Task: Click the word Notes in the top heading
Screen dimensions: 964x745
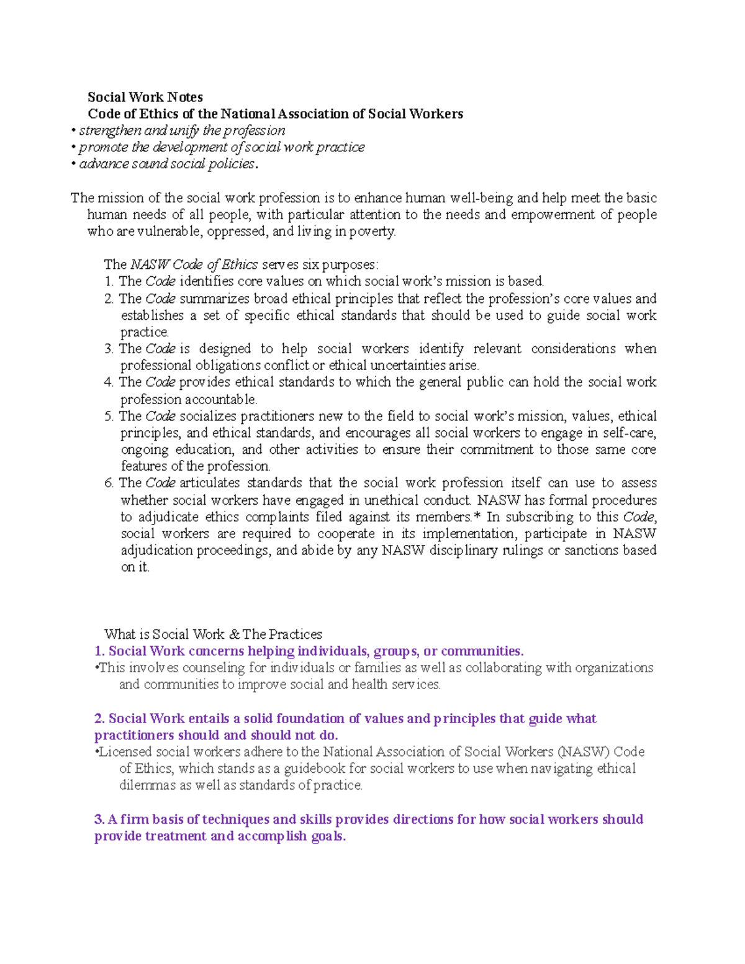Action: [185, 97]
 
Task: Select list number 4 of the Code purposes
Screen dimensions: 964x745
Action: [109, 382]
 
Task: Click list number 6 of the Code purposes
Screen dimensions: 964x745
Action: [109, 483]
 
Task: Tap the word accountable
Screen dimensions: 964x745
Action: [220, 399]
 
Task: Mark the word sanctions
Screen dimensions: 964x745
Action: [592, 551]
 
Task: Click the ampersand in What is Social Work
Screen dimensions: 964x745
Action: [234, 634]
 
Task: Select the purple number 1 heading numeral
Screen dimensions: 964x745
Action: [98, 651]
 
